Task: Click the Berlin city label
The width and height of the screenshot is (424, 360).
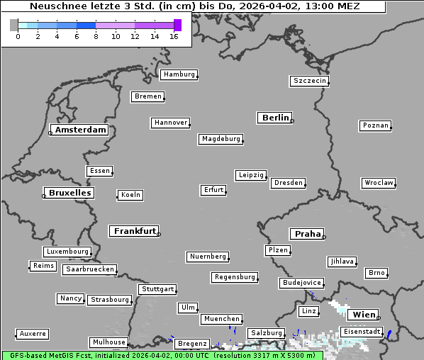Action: pyautogui.click(x=275, y=118)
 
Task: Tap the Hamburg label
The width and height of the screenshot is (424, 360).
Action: pyautogui.click(x=179, y=74)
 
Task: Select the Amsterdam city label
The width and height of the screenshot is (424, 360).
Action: pyautogui.click(x=80, y=130)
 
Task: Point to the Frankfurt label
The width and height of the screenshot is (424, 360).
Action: pyautogui.click(x=135, y=231)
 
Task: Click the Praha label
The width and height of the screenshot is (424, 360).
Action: pyautogui.click(x=308, y=234)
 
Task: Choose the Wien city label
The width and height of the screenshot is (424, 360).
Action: pyautogui.click(x=364, y=315)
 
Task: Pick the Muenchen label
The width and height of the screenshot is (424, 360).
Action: pyautogui.click(x=221, y=320)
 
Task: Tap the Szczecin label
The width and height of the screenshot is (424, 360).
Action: pyautogui.click(x=310, y=81)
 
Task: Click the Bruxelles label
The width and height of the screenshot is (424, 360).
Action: pyautogui.click(x=69, y=193)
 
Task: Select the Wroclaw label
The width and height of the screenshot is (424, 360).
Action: pyautogui.click(x=379, y=183)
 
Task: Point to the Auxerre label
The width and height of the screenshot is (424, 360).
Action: pyautogui.click(x=33, y=333)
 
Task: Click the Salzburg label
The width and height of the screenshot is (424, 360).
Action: pyautogui.click(x=266, y=333)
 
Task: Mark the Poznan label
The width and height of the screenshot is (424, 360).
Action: pyautogui.click(x=375, y=125)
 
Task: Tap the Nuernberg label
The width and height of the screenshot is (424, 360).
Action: pyautogui.click(x=208, y=257)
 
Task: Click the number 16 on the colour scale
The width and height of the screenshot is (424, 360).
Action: pyautogui.click(x=174, y=35)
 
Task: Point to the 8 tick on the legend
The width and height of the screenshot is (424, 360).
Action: pyautogui.click(x=96, y=35)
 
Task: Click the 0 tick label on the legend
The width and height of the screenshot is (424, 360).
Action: pyautogui.click(x=18, y=35)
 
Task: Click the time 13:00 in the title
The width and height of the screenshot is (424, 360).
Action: pyautogui.click(x=318, y=6)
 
